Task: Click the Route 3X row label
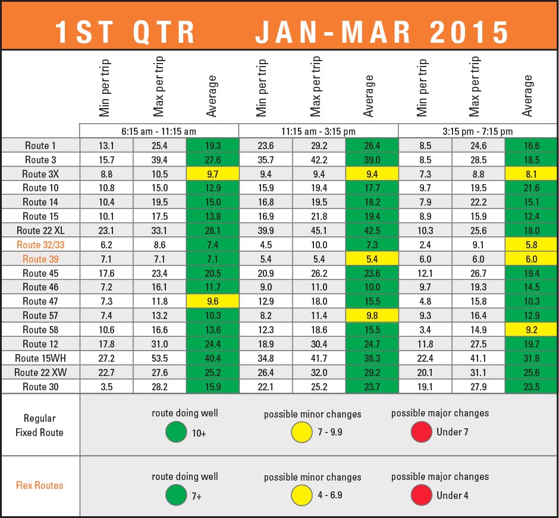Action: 40,174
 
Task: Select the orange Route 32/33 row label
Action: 40,245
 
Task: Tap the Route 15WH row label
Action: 40,358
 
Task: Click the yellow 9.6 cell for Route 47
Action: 212,301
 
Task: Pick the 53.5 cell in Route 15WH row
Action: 159,358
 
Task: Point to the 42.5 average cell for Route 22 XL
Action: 372,230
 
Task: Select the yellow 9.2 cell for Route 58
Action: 531,330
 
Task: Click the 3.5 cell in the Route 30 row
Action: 106,387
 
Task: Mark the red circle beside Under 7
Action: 421,432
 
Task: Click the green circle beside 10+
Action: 176,432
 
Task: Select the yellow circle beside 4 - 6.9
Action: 302,495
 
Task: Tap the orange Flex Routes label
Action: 40,485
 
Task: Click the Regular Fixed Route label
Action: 40,425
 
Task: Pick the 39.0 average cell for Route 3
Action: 372,160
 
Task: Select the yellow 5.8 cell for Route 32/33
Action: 531,245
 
